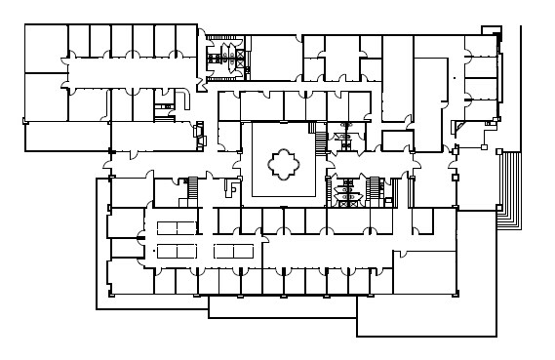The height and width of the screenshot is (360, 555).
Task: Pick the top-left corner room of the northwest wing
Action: coord(45,48)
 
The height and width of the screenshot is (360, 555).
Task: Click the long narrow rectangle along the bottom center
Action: coord(283,306)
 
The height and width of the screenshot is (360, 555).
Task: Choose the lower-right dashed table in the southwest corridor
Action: coord(232,252)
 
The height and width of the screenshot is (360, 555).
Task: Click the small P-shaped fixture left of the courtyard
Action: coord(234,190)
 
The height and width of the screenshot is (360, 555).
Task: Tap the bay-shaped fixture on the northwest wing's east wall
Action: coord(201,132)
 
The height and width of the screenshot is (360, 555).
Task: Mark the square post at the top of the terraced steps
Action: coord(498,151)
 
